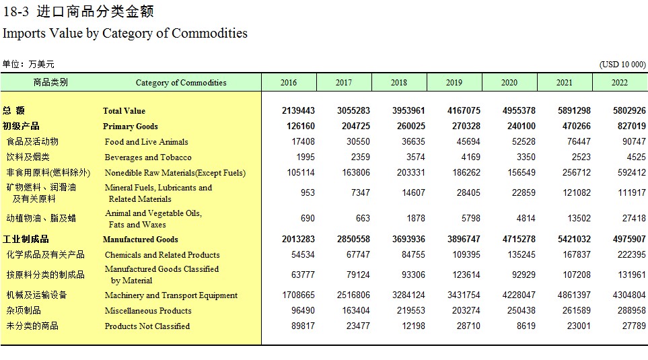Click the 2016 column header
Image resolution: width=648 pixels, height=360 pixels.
tap(289, 83)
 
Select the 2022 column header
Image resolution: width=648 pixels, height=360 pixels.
tap(620, 83)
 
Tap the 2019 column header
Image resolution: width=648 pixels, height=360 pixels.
tap(454, 83)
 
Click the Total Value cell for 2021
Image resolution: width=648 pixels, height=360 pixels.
tap(574, 111)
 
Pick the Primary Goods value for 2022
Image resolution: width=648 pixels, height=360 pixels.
tap(629, 126)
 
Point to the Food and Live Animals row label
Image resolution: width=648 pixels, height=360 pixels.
tap(146, 142)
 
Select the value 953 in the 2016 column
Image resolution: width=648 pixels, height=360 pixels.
tap(308, 192)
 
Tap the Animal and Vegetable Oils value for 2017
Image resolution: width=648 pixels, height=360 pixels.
tap(363, 218)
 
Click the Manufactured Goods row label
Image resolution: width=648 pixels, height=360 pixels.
tap(141, 240)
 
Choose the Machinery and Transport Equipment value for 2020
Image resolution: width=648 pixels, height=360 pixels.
tap(519, 295)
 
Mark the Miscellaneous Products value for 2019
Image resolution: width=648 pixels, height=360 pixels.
tap(466, 310)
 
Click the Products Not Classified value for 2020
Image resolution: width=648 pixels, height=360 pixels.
tap(526, 326)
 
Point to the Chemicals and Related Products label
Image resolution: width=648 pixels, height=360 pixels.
tap(162, 254)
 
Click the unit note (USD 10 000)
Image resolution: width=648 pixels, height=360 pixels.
tap(622, 65)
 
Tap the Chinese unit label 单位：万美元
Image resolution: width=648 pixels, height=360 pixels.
tap(28, 64)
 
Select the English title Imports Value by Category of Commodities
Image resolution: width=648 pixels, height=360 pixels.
tap(125, 33)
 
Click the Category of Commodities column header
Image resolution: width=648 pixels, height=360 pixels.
tap(181, 83)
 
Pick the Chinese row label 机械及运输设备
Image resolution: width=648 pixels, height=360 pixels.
tap(36, 295)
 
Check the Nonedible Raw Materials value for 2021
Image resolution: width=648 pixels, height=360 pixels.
tap(577, 172)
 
